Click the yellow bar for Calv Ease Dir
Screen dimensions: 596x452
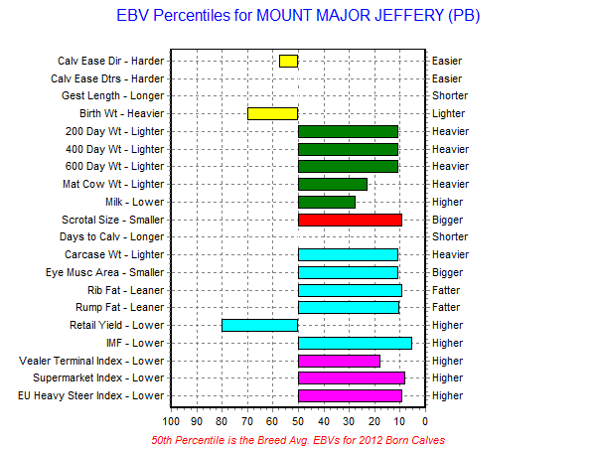[288, 61]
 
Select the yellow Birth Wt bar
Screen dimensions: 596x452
[272, 113]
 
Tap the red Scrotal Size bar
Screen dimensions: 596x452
[350, 221]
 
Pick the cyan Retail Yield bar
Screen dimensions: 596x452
[260, 326]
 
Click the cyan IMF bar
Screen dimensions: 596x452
[355, 344]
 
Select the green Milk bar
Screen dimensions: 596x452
[327, 203]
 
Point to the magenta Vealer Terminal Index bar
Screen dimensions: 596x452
[339, 362]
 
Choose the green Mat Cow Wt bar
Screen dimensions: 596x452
[333, 185]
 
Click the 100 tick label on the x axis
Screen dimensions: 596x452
[171, 421]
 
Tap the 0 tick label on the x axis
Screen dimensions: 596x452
[425, 421]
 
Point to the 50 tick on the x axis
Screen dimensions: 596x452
[298, 421]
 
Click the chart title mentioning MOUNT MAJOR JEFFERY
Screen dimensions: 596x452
[298, 16]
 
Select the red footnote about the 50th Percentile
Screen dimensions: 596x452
[298, 440]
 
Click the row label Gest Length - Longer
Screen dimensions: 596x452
[112, 95]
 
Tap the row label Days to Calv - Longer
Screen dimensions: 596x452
[111, 236]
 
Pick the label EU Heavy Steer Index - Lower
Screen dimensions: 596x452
[90, 395]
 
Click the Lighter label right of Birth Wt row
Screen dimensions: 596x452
[449, 113]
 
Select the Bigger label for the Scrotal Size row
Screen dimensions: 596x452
[447, 221]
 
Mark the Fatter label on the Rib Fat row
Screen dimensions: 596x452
[446, 290]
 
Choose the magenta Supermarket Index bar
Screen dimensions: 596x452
[352, 378]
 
